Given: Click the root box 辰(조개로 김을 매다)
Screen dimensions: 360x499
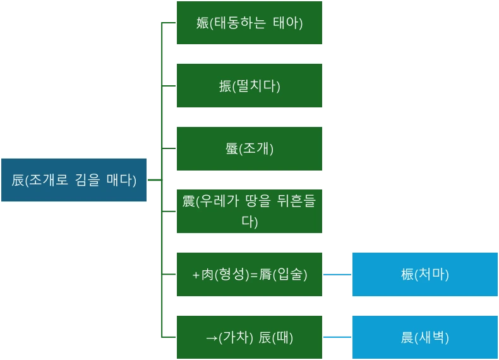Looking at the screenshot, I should (74, 180).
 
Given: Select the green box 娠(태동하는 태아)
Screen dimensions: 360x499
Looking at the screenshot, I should (249, 23).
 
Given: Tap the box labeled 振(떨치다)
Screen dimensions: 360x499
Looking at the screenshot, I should (249, 86).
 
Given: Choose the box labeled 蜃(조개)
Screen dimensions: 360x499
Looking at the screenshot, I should (249, 149).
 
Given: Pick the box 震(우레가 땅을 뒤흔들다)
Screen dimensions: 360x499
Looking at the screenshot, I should (249, 212).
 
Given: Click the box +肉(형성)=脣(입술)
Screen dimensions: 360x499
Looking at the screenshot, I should (249, 275).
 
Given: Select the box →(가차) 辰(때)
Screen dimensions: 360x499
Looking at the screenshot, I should (249, 337).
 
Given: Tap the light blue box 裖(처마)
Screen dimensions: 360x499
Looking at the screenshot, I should (424, 275).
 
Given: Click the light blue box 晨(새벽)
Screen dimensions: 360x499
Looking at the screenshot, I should (424, 337).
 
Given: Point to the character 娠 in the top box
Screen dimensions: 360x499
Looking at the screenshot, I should (203, 23).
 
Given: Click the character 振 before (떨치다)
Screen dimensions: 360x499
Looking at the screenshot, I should (225, 87).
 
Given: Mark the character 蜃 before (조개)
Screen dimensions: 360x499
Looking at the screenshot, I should (231, 149).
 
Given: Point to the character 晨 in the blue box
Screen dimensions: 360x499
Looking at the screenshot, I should (407, 338).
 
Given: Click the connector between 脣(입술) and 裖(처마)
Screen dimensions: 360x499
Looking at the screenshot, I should (336, 275).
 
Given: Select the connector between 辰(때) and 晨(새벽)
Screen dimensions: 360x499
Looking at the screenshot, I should (336, 336).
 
